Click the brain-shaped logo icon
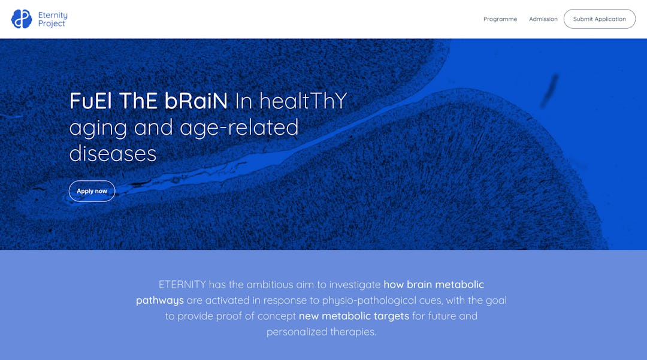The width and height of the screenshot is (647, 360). pos(22,19)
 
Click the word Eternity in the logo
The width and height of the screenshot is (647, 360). pos(53,15)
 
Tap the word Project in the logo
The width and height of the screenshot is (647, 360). pos(52,24)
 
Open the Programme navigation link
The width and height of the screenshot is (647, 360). pos(500,19)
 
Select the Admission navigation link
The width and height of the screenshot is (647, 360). pos(543,19)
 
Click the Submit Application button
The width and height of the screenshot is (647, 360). pos(600,19)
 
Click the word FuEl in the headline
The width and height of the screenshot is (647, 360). pos(90,101)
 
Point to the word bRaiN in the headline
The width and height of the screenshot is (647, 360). pos(196,101)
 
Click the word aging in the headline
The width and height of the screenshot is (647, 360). pos(98,128)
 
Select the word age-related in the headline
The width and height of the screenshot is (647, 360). pos(239,128)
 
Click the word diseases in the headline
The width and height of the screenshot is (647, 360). pos(113,154)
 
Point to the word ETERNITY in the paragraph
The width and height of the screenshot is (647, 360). pos(182,285)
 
